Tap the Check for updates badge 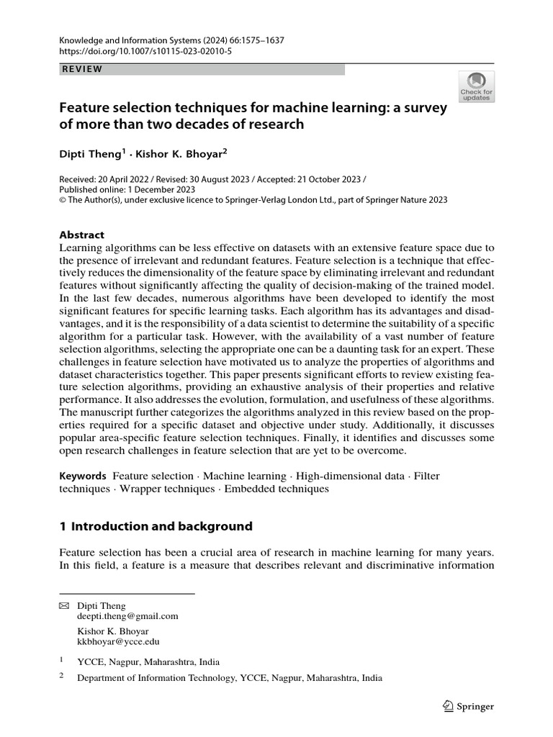[476, 86]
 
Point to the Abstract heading [81, 235]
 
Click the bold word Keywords [83, 476]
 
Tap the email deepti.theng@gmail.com [127, 616]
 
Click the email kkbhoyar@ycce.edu [118, 641]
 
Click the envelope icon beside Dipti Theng [63, 606]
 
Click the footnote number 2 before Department [61, 677]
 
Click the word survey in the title [425, 107]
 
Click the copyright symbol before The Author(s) [63, 200]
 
